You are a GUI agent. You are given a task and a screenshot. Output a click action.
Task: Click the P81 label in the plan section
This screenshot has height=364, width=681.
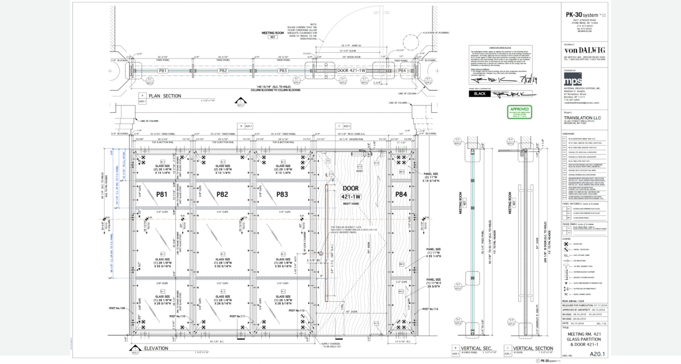tap(165, 71)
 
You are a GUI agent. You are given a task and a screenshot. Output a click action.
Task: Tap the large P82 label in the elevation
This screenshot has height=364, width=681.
tap(222, 194)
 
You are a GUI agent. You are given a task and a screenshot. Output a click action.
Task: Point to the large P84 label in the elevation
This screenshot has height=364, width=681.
tap(401, 194)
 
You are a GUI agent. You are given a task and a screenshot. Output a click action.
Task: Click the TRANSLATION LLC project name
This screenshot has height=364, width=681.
tap(587, 117)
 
